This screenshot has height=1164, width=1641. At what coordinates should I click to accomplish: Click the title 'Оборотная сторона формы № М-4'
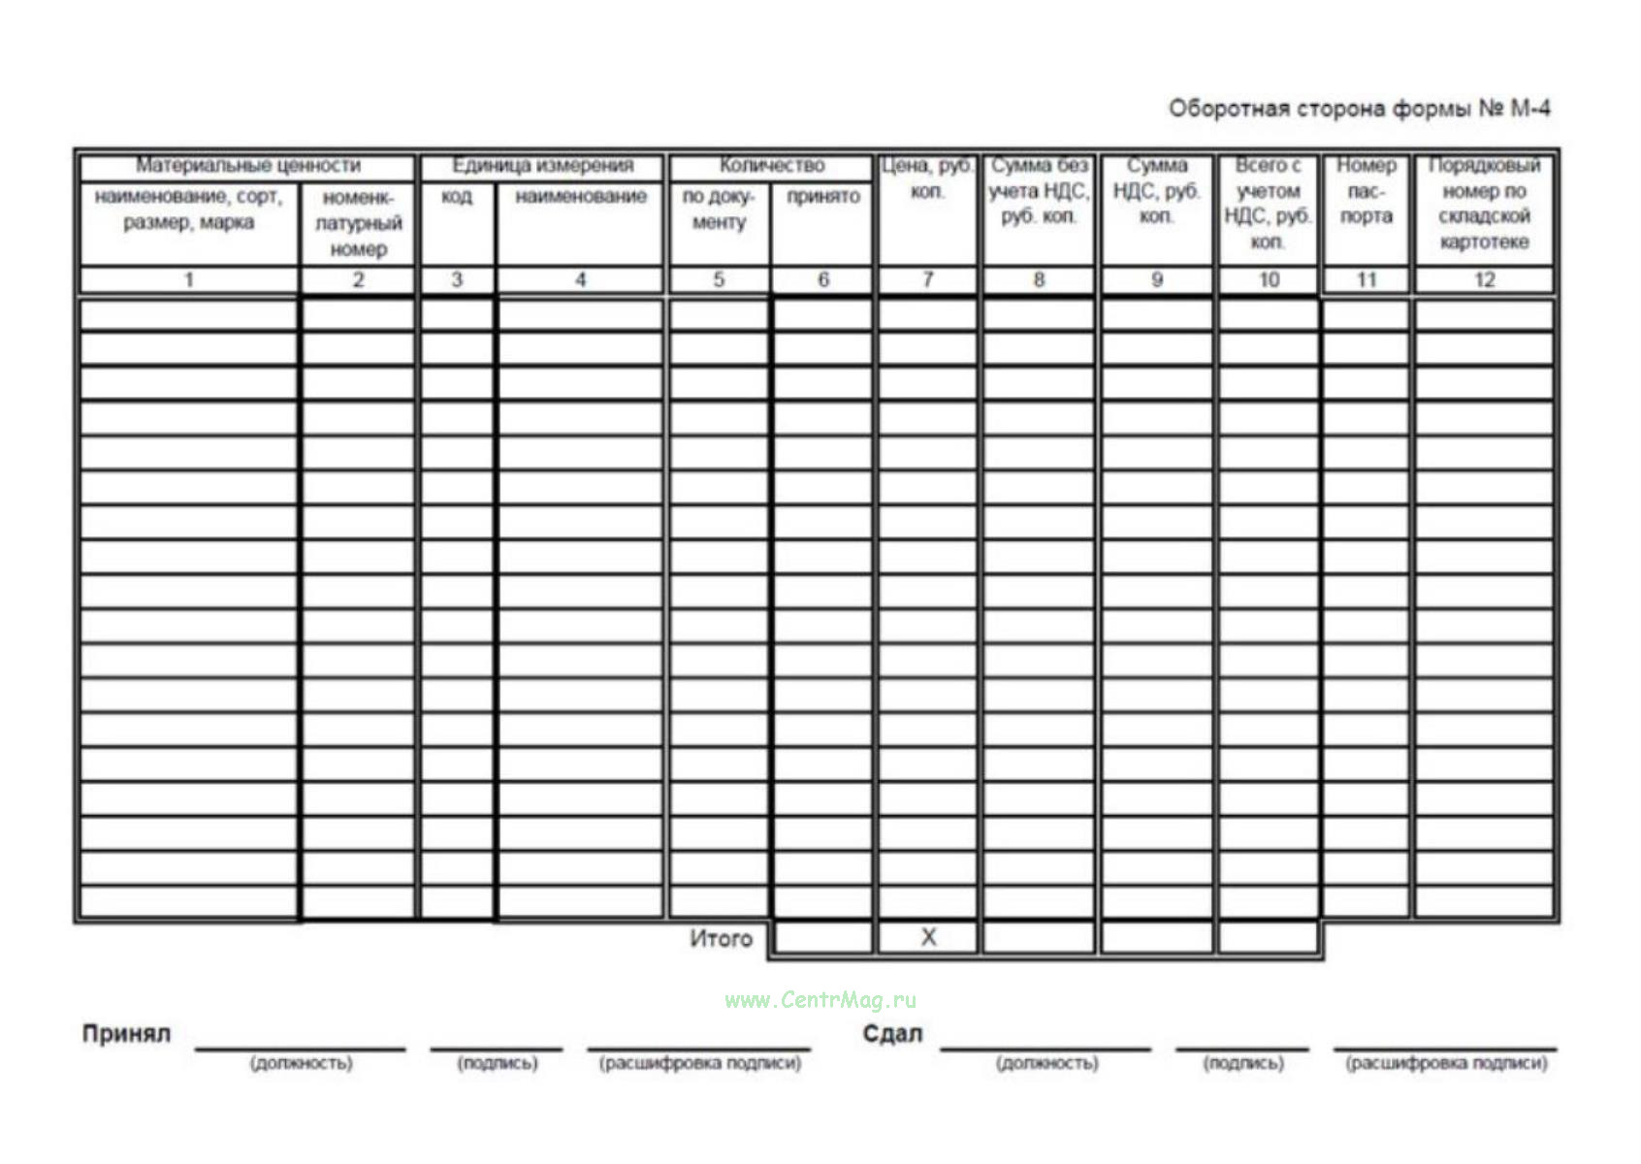click(x=1358, y=108)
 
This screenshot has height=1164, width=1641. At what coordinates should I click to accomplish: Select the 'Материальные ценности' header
click(x=247, y=166)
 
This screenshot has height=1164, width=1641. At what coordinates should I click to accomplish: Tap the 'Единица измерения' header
click(x=542, y=166)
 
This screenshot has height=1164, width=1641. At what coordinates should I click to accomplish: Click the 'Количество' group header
click(x=771, y=166)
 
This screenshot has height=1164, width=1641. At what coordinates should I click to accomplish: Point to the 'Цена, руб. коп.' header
click(x=927, y=178)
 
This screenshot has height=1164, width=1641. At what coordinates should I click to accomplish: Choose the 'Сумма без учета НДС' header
click(x=1039, y=190)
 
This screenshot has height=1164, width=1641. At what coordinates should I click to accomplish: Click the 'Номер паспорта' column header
click(x=1366, y=190)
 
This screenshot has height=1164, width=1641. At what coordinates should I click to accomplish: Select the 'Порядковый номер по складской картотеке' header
click(x=1484, y=203)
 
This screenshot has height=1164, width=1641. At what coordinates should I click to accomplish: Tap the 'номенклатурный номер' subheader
click(x=358, y=223)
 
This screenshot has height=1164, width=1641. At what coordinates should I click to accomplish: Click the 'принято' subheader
click(x=822, y=197)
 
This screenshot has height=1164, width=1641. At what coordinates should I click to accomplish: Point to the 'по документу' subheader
click(x=718, y=210)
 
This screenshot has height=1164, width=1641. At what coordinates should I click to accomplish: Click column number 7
click(x=927, y=280)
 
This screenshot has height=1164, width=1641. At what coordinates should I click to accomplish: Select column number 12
click(x=1484, y=280)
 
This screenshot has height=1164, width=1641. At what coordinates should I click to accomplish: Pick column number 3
click(x=456, y=280)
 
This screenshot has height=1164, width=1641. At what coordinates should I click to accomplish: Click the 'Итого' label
click(x=721, y=938)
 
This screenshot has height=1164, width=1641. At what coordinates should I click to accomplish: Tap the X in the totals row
click(x=928, y=937)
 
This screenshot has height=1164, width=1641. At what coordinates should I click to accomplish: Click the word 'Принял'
click(x=126, y=1034)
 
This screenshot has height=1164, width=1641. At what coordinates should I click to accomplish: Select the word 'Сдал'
click(x=892, y=1034)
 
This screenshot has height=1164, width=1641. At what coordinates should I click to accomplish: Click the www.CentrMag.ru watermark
click(x=820, y=1000)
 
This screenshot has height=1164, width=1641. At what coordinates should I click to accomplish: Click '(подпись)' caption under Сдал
click(x=1243, y=1063)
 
